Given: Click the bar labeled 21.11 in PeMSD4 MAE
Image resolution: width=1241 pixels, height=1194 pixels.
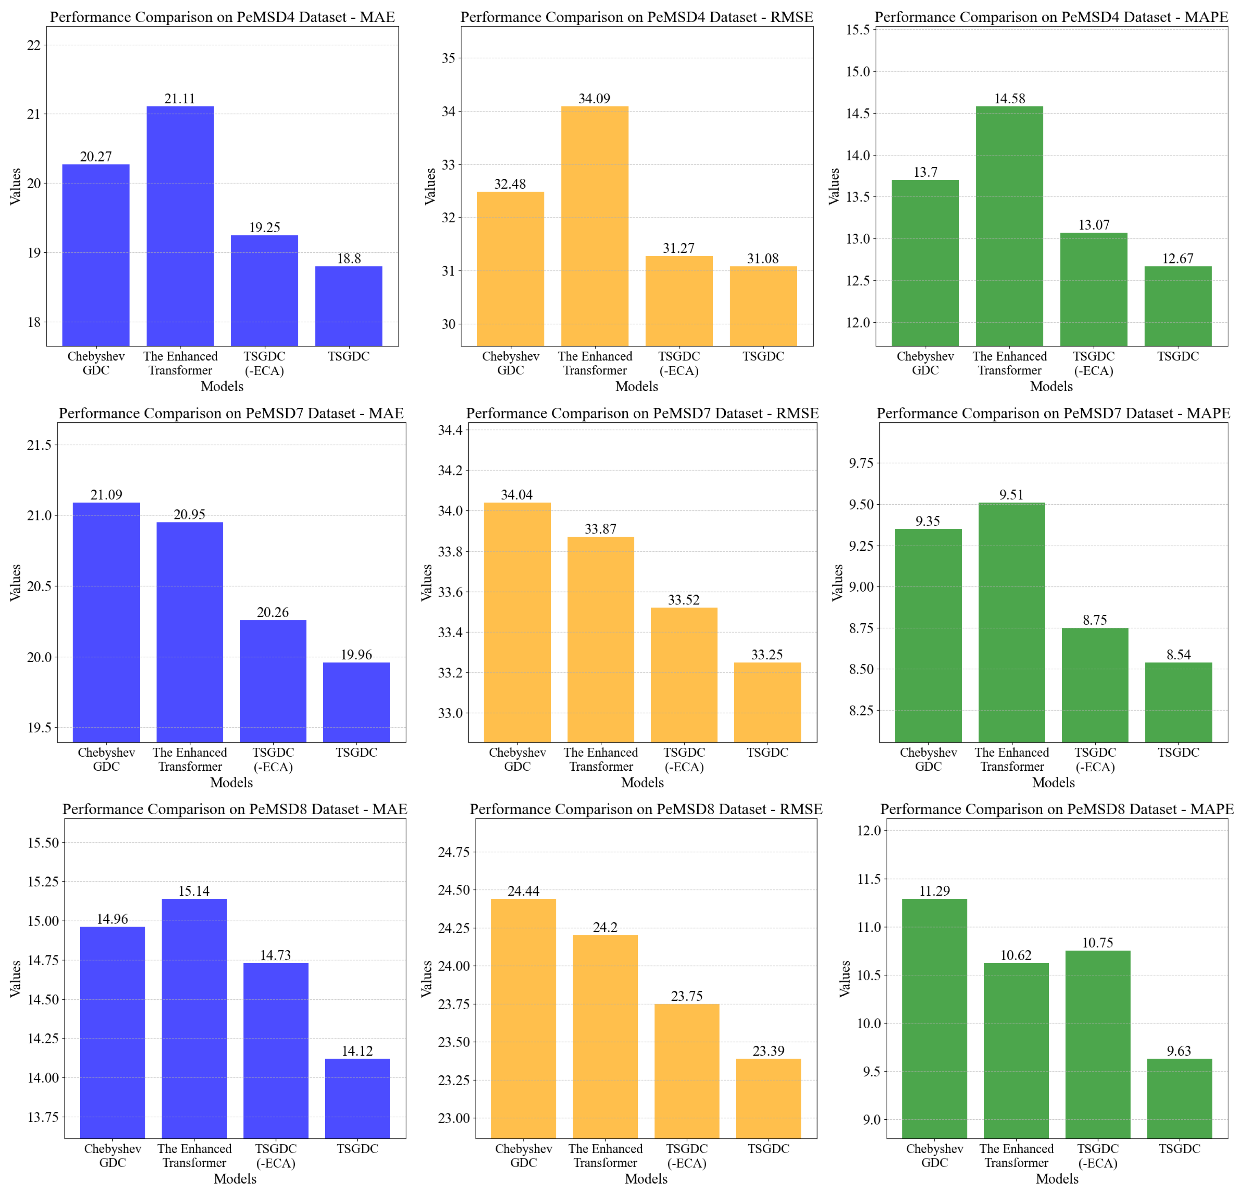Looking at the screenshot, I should (180, 226).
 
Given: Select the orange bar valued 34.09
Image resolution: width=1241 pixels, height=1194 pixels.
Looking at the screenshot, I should (594, 226).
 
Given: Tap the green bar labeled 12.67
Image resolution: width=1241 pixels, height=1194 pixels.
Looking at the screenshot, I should (1178, 306).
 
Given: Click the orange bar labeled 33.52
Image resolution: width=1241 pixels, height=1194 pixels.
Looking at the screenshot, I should (684, 675).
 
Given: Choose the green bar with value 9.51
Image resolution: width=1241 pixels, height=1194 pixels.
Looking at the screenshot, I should (1011, 622).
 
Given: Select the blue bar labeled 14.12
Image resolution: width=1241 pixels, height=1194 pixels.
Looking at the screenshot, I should (357, 1098).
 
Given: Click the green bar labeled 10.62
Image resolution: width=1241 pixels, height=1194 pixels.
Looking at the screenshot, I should (1016, 1051).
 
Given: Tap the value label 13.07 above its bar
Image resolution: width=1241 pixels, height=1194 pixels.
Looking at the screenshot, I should (1094, 225).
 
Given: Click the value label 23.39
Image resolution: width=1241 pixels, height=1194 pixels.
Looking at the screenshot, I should (768, 1051).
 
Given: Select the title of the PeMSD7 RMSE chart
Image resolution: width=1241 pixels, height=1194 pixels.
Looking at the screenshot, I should (642, 413).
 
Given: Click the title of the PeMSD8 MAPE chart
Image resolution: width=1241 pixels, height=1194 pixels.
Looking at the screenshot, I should (1057, 809).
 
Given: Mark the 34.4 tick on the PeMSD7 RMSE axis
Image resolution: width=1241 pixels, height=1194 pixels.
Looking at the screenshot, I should (450, 430).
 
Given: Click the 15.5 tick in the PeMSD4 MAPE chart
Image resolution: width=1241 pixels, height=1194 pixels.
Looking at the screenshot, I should (858, 30).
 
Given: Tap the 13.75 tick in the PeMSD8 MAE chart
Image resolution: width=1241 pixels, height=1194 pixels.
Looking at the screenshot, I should (43, 1117).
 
